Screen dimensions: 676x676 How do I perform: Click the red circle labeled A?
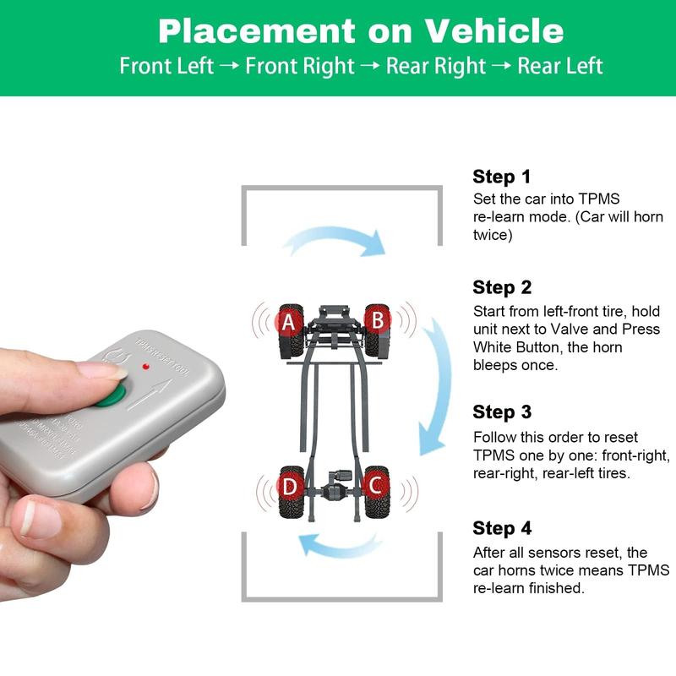288,321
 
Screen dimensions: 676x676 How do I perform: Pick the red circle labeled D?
289,488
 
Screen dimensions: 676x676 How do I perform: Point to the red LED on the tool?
147,368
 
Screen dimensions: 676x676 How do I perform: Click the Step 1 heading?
502,177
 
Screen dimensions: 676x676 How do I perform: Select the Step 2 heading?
502,286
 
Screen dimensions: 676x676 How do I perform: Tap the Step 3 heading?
502,412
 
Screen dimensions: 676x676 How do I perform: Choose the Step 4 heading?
502,528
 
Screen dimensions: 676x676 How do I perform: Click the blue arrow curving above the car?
334,239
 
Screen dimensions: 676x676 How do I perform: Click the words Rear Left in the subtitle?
560,66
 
